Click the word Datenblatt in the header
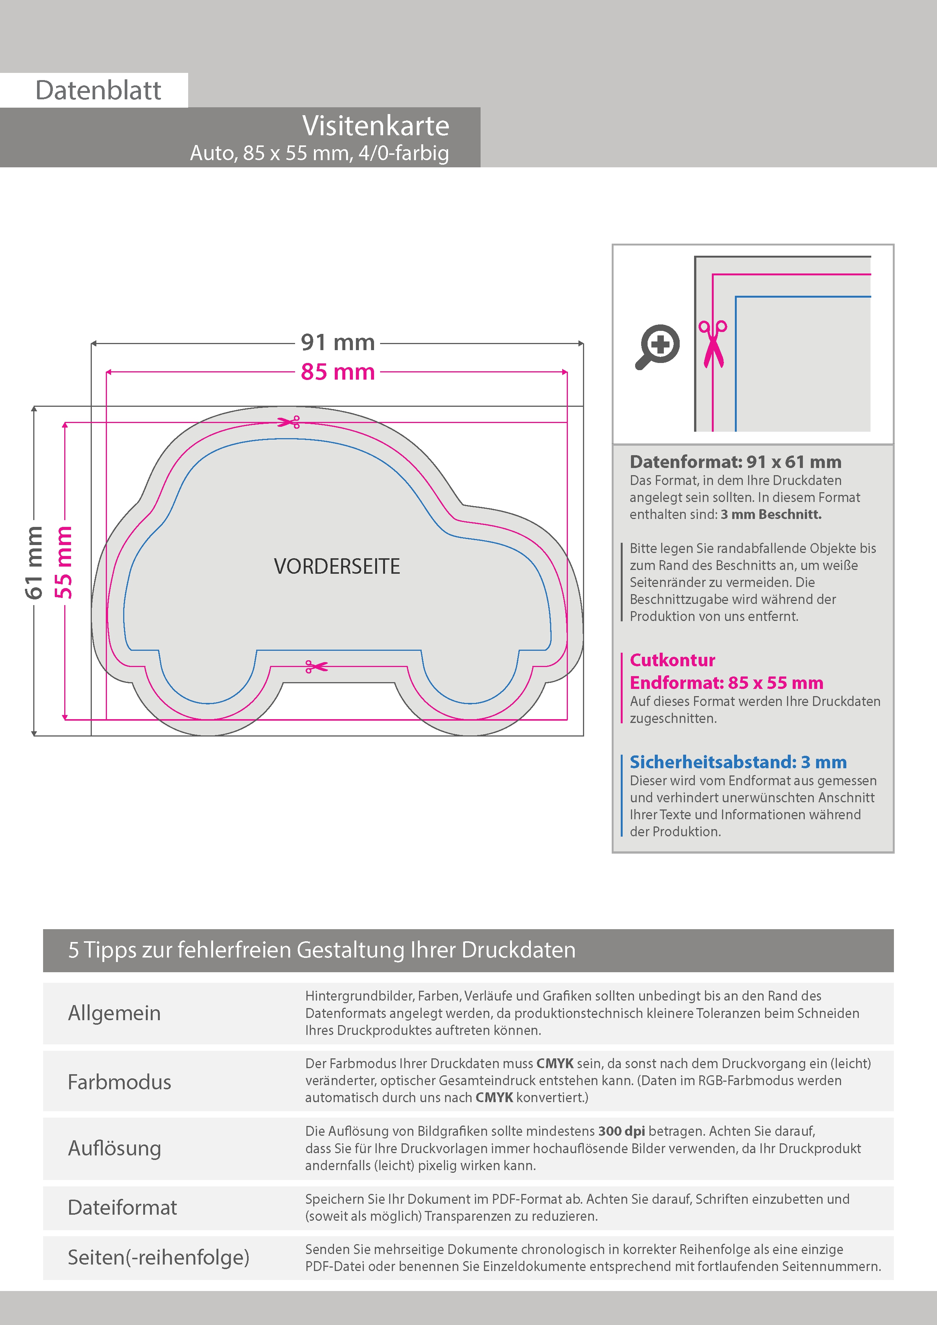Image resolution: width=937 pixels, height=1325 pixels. click(98, 91)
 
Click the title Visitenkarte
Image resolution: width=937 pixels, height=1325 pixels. click(375, 126)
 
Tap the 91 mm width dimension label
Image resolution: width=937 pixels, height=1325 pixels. click(338, 343)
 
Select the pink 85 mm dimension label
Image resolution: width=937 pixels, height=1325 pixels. click(338, 372)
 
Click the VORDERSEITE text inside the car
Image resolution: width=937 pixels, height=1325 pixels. click(337, 567)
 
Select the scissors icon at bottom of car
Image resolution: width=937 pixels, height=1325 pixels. click(316, 667)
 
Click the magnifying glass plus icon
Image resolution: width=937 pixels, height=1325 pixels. click(658, 346)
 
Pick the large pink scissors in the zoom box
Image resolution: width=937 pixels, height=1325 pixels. click(713, 344)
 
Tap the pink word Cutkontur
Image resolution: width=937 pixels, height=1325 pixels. click(673, 660)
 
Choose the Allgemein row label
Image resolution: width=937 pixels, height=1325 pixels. click(114, 1013)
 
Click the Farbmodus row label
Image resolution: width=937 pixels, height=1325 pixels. click(119, 1082)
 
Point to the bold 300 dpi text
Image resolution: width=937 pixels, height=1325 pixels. click(621, 1131)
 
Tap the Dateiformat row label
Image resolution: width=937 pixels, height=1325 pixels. click(122, 1207)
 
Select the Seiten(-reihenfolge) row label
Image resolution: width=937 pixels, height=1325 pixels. click(158, 1257)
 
